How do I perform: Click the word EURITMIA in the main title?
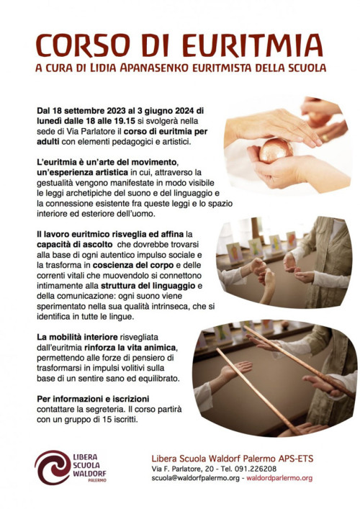pyautogui.click(x=253, y=45)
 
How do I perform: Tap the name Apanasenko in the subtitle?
pyautogui.click(x=155, y=68)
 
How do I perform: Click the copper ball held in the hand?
pyautogui.click(x=276, y=150)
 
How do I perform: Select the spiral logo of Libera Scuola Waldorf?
pyautogui.click(x=52, y=467)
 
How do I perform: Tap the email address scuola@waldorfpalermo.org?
pyautogui.click(x=195, y=478)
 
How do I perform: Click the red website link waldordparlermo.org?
pyautogui.click(x=279, y=478)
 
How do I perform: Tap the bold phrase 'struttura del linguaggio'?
pyautogui.click(x=148, y=286)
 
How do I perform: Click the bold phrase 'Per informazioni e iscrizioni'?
pyautogui.click(x=93, y=399)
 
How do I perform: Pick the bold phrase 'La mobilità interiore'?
pyautogui.click(x=77, y=337)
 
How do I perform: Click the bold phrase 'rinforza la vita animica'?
pyautogui.click(x=130, y=347)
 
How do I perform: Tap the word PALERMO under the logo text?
pyautogui.click(x=97, y=480)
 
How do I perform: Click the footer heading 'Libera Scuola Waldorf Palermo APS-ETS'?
pyautogui.click(x=233, y=459)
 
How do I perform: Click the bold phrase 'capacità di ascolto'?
pyautogui.click(x=75, y=244)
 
